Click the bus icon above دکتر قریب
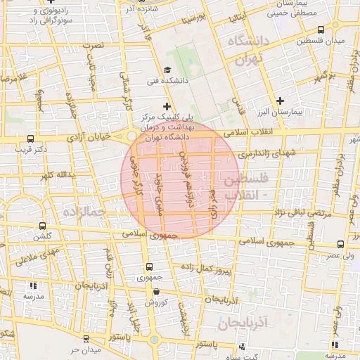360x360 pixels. [x=30, y=139]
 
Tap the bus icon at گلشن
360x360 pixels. [x=43, y=226]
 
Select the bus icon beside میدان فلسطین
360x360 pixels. [x=321, y=30]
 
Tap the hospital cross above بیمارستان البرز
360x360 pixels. [x=281, y=101]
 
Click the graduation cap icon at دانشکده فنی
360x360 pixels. [x=167, y=70]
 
